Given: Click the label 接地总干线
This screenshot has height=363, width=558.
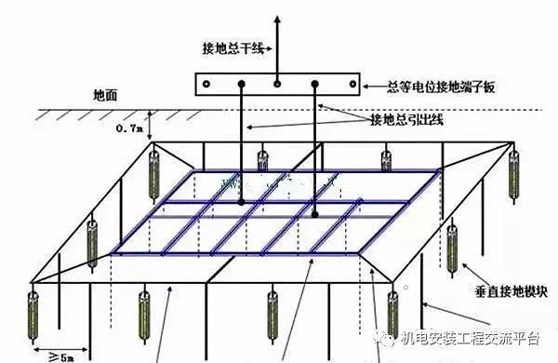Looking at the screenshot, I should click(x=231, y=49).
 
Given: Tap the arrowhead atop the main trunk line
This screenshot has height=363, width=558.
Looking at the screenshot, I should click(x=277, y=19).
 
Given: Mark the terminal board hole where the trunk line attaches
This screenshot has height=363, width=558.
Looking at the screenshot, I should click(x=277, y=84).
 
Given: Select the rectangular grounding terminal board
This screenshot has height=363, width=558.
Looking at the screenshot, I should click(x=277, y=84).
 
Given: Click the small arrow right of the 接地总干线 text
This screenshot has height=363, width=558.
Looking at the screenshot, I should click(x=267, y=49).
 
